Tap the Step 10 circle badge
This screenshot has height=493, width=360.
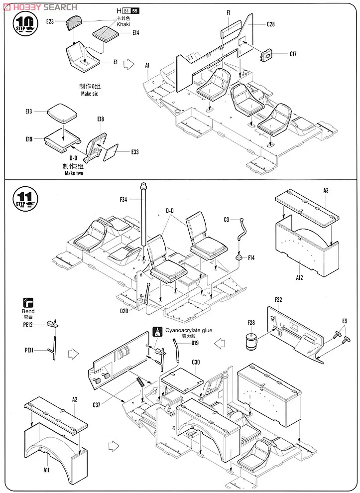(x=24, y=23)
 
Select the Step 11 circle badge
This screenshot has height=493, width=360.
(x=24, y=198)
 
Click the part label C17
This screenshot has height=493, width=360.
(x=293, y=54)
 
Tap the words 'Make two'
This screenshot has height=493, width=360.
(x=73, y=173)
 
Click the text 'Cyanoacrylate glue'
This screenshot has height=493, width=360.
(x=189, y=330)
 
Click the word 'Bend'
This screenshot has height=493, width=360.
(x=28, y=311)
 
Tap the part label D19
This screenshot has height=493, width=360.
(x=195, y=343)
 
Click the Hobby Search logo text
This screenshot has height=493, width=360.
(x=40, y=7)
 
